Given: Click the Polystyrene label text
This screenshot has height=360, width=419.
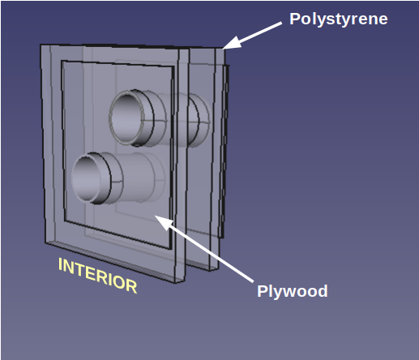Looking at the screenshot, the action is click(339, 19).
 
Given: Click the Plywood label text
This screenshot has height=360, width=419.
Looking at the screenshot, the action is click(293, 292).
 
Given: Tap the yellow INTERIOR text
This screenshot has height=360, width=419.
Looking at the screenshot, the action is click(98, 276).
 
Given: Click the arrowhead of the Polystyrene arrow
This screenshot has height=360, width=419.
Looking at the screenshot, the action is click(232, 43).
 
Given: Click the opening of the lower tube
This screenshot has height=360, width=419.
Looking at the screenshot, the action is click(86, 177).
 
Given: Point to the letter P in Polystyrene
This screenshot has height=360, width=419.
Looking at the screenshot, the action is click(294, 19).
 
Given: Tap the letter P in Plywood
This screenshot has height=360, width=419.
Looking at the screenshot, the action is click(262, 291).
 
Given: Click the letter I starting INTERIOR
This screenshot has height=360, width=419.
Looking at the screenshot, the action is click(61, 264).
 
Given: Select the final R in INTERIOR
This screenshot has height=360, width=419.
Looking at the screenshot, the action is click(132, 286).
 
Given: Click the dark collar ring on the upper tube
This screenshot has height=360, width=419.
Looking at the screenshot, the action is click(148, 118).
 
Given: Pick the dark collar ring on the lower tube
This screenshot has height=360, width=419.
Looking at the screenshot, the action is click(105, 178).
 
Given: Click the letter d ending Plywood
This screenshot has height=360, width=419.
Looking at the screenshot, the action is click(323, 291).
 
